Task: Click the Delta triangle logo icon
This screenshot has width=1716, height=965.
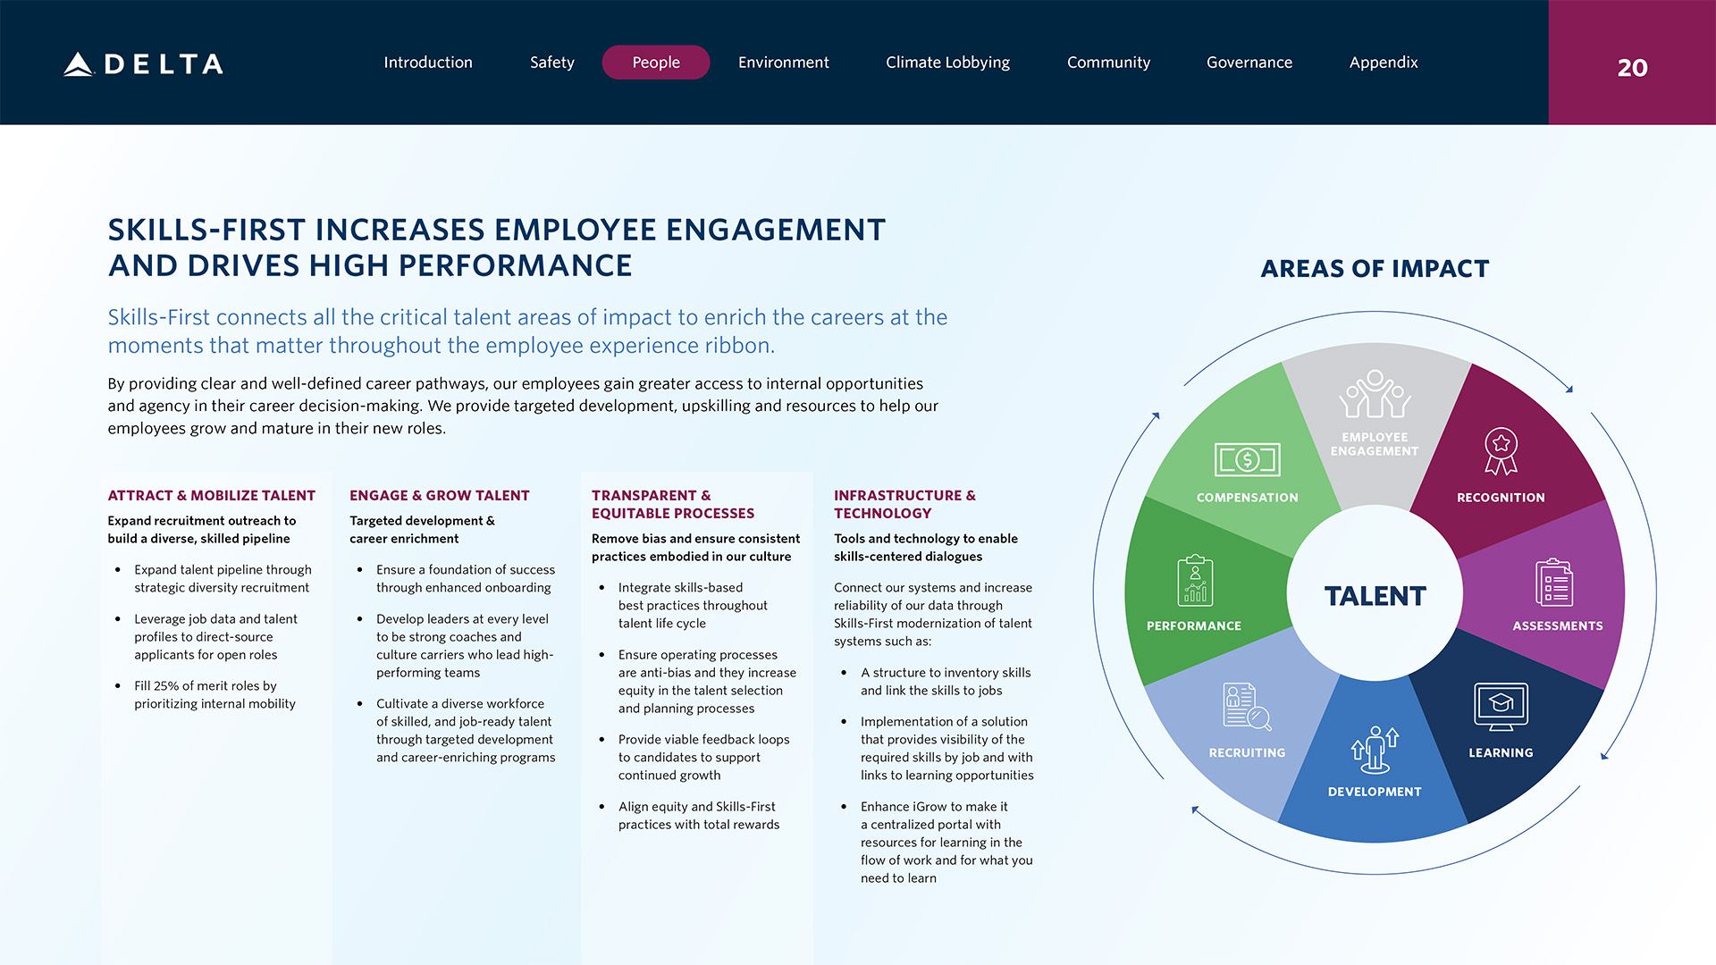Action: (x=79, y=63)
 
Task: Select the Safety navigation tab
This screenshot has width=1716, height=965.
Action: (x=551, y=63)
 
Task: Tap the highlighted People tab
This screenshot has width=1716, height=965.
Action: (x=656, y=63)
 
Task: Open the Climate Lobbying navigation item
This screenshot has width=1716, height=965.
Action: (x=947, y=63)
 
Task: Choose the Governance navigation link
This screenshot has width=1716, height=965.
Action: (x=1249, y=63)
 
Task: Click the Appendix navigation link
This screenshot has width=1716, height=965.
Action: (x=1384, y=63)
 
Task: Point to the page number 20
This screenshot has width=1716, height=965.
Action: (x=1632, y=68)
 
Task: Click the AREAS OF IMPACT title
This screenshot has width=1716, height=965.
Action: (x=1375, y=268)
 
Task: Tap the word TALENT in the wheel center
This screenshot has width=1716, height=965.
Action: (x=1375, y=596)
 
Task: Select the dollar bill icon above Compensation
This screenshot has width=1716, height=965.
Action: (x=1247, y=460)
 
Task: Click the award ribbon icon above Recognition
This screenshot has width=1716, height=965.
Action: (x=1501, y=450)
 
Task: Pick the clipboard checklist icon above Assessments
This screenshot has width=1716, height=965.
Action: (x=1554, y=583)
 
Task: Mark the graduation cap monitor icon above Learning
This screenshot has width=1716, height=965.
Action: (x=1501, y=707)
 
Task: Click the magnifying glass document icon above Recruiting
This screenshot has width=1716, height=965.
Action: (x=1247, y=707)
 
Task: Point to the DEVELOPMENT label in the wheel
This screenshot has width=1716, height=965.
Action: (x=1375, y=792)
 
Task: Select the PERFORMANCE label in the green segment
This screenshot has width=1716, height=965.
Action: (x=1194, y=626)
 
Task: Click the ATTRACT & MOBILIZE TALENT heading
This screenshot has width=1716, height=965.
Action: (x=212, y=496)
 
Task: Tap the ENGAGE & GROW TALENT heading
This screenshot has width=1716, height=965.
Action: (x=440, y=496)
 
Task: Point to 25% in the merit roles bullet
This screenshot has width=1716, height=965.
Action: (x=166, y=686)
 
